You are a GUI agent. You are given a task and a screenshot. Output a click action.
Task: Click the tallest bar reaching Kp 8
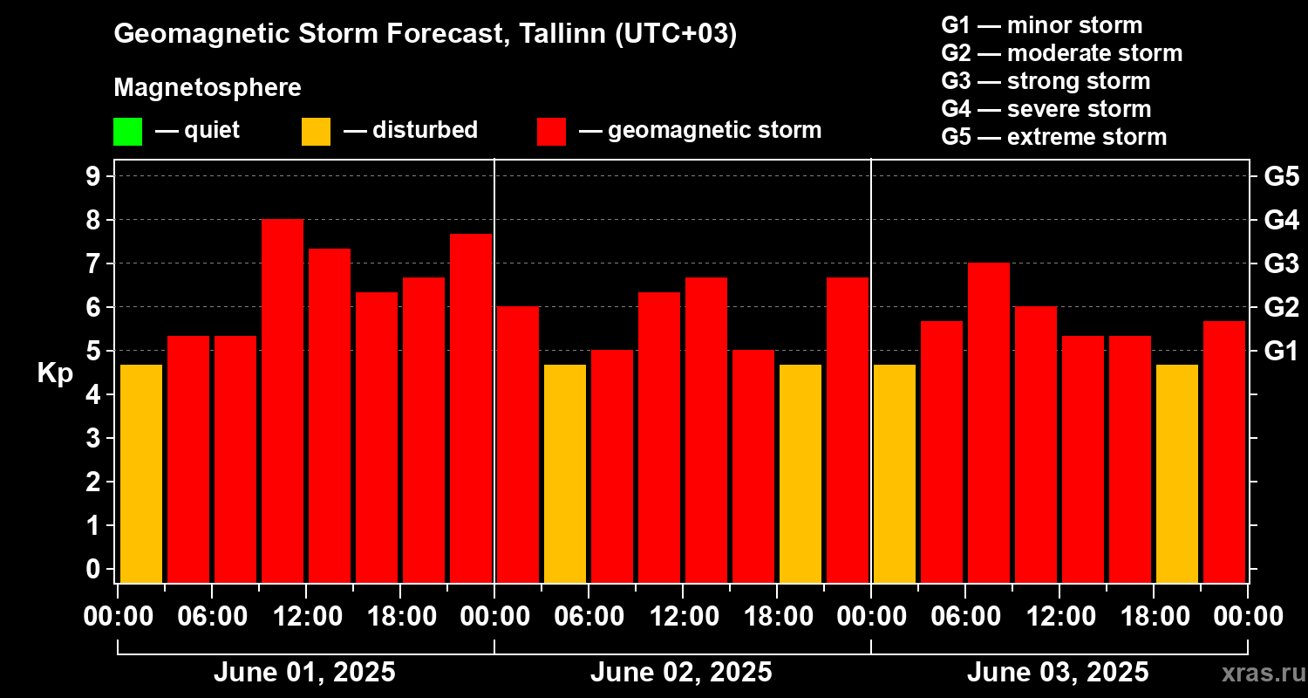(x=283, y=400)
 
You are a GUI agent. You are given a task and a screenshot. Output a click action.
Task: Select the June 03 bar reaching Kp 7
(x=989, y=422)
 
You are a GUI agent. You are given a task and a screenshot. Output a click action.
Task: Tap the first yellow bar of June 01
(x=141, y=473)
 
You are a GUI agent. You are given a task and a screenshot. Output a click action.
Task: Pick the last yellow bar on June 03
(x=1177, y=473)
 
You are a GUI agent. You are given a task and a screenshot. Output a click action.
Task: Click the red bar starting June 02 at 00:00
(x=518, y=444)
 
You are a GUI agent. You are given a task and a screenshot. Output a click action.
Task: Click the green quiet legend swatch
(x=127, y=131)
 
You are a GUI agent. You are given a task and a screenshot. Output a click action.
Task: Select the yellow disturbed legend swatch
(x=316, y=131)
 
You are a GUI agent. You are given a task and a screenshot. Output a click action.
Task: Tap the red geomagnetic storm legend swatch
(x=551, y=131)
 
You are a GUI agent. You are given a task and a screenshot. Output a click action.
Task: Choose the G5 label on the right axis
(x=1281, y=177)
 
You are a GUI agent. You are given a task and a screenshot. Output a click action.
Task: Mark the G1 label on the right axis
(x=1281, y=352)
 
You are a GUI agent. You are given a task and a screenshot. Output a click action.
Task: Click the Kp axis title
(x=55, y=373)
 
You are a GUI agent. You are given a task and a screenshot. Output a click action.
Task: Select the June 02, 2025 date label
(x=681, y=673)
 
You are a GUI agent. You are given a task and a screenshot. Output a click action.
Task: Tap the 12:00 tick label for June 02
(x=683, y=617)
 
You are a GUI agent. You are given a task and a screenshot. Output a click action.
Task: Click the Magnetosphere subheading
(x=208, y=88)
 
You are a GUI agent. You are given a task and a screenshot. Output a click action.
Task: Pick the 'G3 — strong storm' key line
(x=1046, y=81)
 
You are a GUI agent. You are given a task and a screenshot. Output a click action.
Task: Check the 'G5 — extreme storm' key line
(x=1053, y=137)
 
